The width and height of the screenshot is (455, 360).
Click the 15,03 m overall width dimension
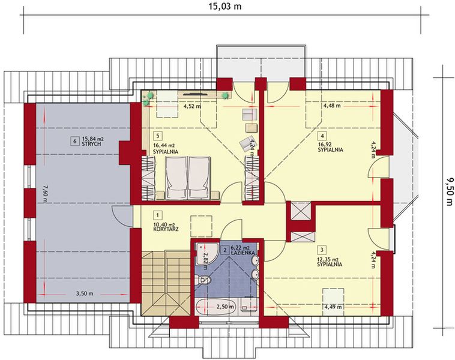point(225,7)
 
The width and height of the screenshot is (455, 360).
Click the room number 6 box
point(74,141)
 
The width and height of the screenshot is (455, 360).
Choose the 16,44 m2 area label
point(163,145)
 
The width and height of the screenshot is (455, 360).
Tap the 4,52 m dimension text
point(191,107)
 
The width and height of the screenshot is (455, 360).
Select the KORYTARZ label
point(166,229)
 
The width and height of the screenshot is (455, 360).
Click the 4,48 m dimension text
point(331,106)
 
